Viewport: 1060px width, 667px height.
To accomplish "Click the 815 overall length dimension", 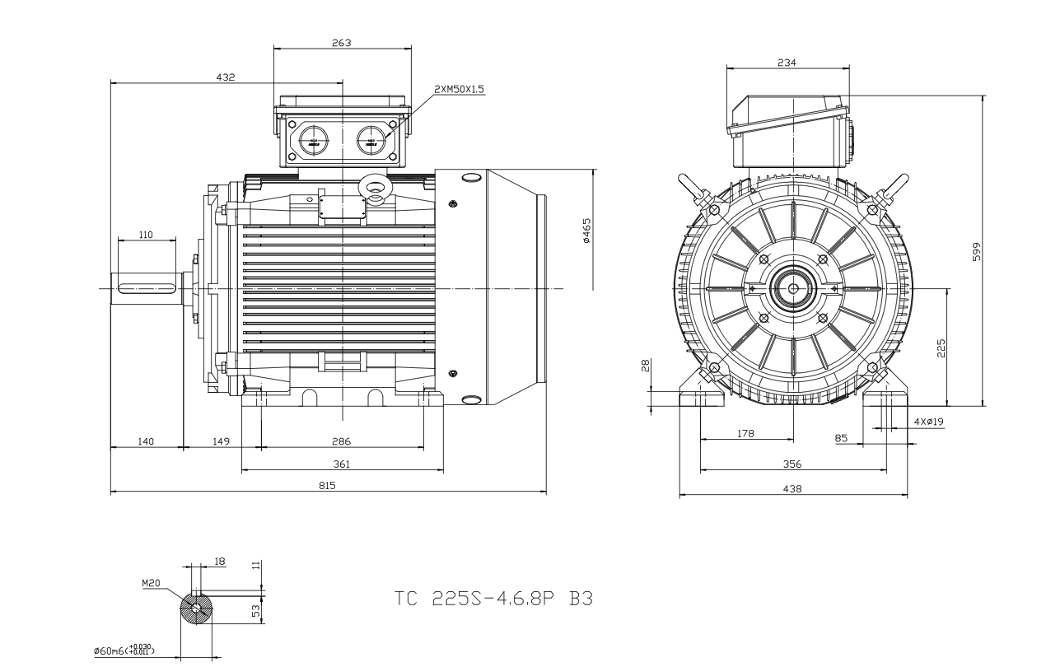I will click(328, 486).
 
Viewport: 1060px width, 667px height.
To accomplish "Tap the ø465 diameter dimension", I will click(585, 231).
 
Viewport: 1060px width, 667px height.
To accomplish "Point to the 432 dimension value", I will click(225, 77).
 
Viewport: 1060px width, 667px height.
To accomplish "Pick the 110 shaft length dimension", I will click(146, 235).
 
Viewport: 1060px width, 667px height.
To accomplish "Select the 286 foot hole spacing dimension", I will click(341, 441).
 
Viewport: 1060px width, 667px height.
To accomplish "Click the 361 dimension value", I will click(341, 464).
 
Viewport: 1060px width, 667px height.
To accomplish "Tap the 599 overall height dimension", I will click(976, 250).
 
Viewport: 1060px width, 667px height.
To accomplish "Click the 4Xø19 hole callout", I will click(928, 422).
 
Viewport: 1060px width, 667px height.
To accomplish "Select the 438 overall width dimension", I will click(793, 488).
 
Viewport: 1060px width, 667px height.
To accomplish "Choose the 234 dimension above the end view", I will click(787, 63).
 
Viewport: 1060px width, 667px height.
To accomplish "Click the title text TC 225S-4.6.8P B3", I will click(493, 599).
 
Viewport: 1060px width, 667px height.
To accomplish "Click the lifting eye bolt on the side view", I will click(375, 188).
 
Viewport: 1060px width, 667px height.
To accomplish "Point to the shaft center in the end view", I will click(792, 288).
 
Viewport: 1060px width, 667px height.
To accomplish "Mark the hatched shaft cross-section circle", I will click(196, 609).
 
